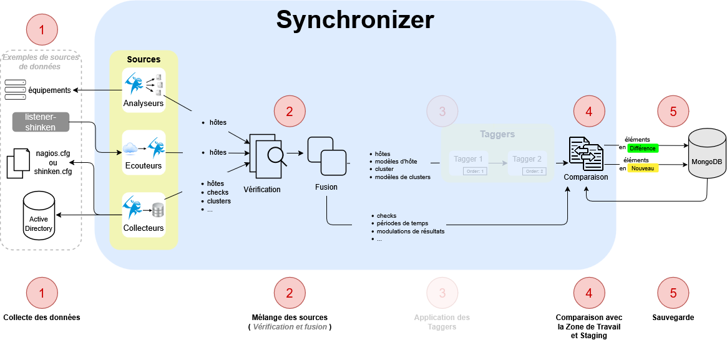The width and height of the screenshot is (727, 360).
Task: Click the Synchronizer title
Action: [355, 20]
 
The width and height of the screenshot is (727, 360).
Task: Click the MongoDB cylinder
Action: [706, 156]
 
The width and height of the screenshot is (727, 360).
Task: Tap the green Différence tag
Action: [643, 148]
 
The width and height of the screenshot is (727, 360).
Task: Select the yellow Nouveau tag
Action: [643, 168]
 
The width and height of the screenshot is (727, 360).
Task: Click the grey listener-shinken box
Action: [40, 122]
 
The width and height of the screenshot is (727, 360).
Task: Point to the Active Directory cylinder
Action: [39, 218]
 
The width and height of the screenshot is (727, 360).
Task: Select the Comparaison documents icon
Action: [585, 153]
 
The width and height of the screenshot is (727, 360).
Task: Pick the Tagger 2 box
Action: [527, 163]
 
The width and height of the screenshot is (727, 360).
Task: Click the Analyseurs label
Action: [144, 103]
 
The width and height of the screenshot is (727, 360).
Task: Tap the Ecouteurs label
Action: [144, 165]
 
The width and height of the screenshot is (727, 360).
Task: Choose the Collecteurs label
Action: [144, 228]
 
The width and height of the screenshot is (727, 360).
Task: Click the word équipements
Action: [49, 90]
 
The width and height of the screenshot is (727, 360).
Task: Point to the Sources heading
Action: [144, 59]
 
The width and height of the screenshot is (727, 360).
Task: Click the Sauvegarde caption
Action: [673, 318]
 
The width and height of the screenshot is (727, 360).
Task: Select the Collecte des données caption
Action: [42, 318]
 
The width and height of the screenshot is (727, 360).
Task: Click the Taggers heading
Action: [497, 134]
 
